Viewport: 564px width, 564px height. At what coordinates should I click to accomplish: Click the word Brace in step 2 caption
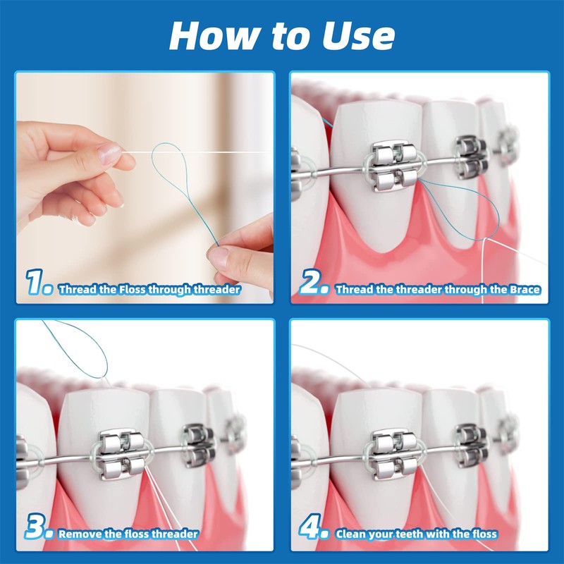click(525, 289)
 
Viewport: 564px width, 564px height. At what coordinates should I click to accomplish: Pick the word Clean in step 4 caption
click(352, 534)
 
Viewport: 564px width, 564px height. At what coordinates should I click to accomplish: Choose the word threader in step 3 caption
click(176, 534)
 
